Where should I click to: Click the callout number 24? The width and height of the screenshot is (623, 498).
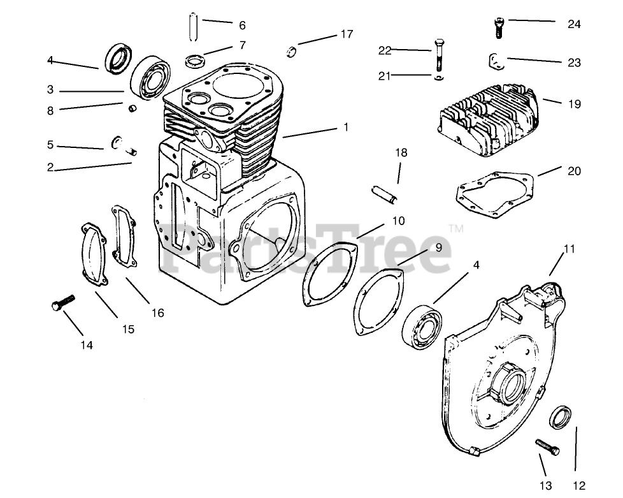tap(574, 24)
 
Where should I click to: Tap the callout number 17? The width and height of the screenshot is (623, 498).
tap(347, 34)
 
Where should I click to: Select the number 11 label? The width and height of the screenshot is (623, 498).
tap(569, 249)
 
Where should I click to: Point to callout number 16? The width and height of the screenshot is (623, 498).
tap(157, 312)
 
